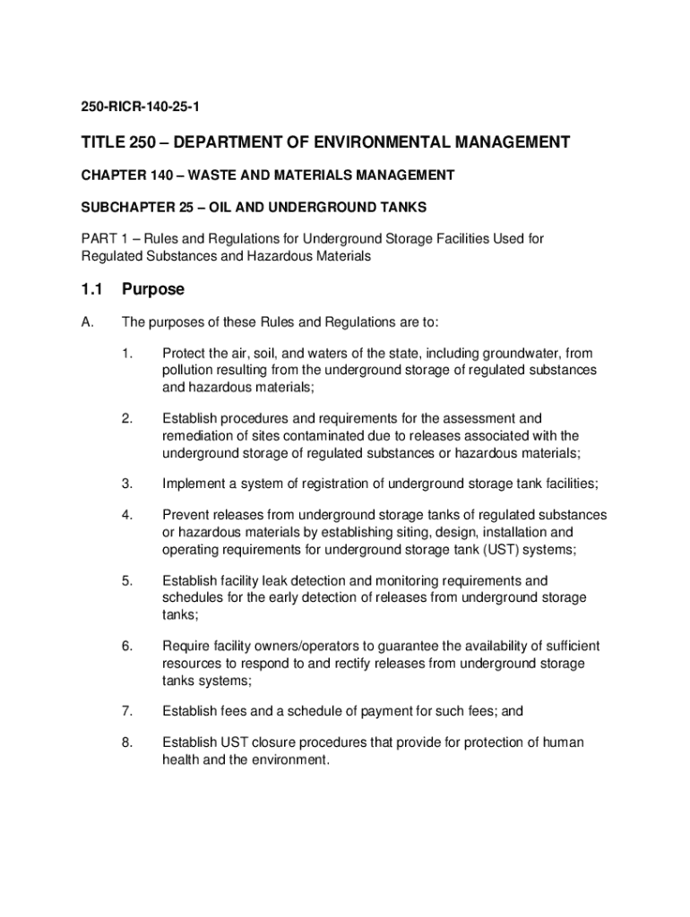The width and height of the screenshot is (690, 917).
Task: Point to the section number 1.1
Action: [x=93, y=289]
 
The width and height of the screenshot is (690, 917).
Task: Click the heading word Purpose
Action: [x=153, y=289]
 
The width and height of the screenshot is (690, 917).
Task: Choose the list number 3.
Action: [x=127, y=484]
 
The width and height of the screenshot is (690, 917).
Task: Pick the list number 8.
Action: [x=127, y=743]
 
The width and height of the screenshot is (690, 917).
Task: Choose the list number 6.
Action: [x=127, y=646]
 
